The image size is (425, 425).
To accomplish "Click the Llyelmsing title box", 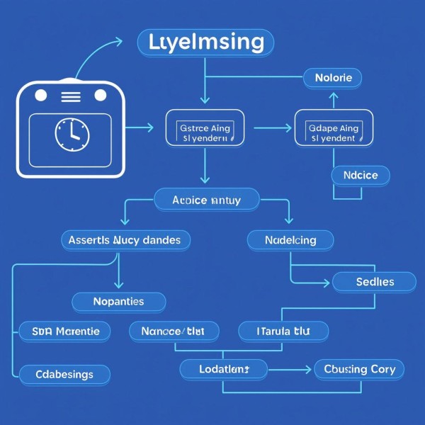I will (x=205, y=42).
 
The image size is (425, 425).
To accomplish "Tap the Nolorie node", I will (x=332, y=77).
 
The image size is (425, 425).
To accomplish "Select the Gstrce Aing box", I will (x=205, y=132).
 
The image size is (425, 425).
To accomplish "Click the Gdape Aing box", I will (x=333, y=132).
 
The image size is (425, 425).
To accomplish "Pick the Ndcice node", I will (x=361, y=175).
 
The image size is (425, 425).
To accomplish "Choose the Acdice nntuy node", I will (x=206, y=200).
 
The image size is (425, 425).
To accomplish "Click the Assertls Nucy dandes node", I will (x=125, y=240).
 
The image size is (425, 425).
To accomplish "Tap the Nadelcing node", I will (x=290, y=240).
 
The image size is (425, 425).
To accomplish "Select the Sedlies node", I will (x=374, y=282).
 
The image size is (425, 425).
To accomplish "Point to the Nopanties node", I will (x=119, y=302).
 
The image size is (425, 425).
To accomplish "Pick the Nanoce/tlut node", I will (x=174, y=330).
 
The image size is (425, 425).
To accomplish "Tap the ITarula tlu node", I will (x=283, y=330).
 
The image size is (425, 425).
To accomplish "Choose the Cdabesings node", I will (x=64, y=374).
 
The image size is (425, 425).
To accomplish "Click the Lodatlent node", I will (x=223, y=369).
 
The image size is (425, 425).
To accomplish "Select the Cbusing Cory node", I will (x=360, y=369).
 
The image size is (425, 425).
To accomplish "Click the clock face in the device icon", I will (x=72, y=133).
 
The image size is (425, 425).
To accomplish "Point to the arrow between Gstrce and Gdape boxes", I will (x=272, y=128).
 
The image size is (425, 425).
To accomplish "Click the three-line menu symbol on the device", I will (x=72, y=96).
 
